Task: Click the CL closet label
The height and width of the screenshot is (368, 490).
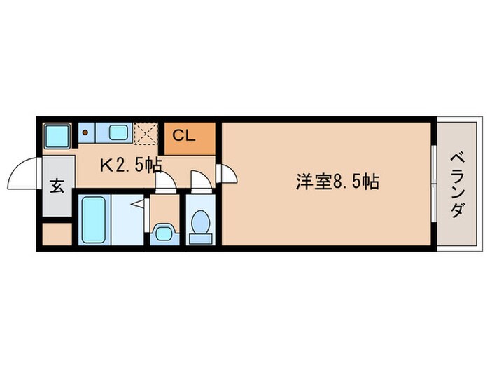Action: coord(184,136)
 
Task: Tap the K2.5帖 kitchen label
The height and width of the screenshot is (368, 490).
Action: coord(131,165)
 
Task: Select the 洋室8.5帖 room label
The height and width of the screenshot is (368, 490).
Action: coord(337,183)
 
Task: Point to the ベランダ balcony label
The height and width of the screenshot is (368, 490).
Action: coord(456,184)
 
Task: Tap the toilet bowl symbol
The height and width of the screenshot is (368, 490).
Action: coord(202,225)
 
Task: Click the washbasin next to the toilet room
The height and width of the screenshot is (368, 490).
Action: coord(164,232)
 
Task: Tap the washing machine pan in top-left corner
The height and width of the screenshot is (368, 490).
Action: coord(55,135)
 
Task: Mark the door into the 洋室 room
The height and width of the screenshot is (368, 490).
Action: coord(227,173)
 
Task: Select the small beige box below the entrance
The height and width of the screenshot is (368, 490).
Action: coord(57,233)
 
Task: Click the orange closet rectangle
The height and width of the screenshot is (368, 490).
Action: coord(190,139)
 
